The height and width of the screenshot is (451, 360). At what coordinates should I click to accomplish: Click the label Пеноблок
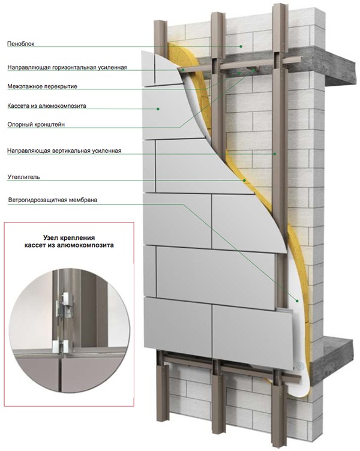21,44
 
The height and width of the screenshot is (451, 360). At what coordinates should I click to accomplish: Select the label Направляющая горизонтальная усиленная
67,68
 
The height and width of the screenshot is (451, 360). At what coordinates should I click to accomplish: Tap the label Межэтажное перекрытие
43,86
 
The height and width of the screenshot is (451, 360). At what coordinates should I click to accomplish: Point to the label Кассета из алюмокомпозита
47,106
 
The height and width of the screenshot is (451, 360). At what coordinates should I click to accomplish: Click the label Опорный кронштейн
36,125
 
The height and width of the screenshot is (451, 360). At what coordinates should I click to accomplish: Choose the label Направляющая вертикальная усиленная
64,151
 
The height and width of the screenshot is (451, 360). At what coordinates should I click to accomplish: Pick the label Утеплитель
23,177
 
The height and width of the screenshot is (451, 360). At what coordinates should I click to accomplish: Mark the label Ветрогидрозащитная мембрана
53,200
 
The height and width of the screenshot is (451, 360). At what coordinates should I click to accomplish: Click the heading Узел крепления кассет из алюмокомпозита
69,242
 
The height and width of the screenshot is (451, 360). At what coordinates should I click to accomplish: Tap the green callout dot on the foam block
241,46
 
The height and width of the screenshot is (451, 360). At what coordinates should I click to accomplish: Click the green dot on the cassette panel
158,109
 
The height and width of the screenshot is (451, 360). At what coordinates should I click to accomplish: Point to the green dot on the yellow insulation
245,181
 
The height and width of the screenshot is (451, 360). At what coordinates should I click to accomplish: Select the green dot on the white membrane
297,301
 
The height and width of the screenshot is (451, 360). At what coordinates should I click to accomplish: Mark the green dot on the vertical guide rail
275,154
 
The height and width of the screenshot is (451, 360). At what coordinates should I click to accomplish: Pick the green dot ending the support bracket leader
254,70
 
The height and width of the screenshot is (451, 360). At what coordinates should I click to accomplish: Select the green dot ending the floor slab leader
239,73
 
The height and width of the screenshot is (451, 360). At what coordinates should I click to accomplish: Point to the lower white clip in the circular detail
65,346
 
